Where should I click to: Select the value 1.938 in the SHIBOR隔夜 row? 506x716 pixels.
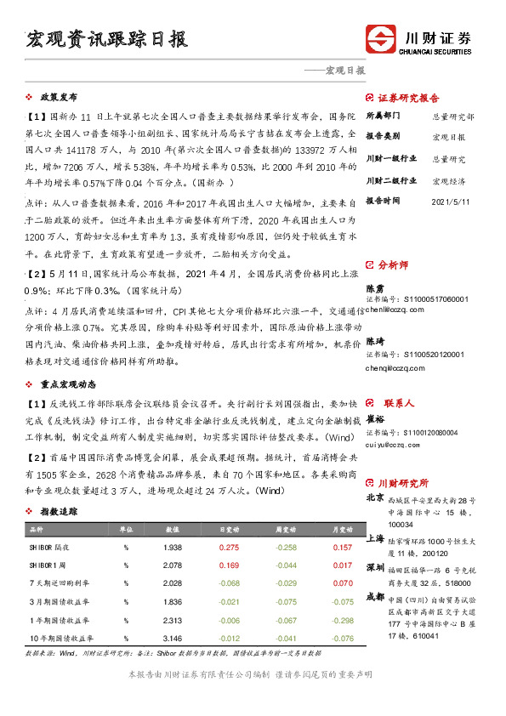click(172, 548)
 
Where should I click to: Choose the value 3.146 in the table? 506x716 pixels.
click(172, 638)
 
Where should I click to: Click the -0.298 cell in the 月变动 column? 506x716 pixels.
click(341, 620)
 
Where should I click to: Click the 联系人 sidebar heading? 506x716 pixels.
click(398, 402)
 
